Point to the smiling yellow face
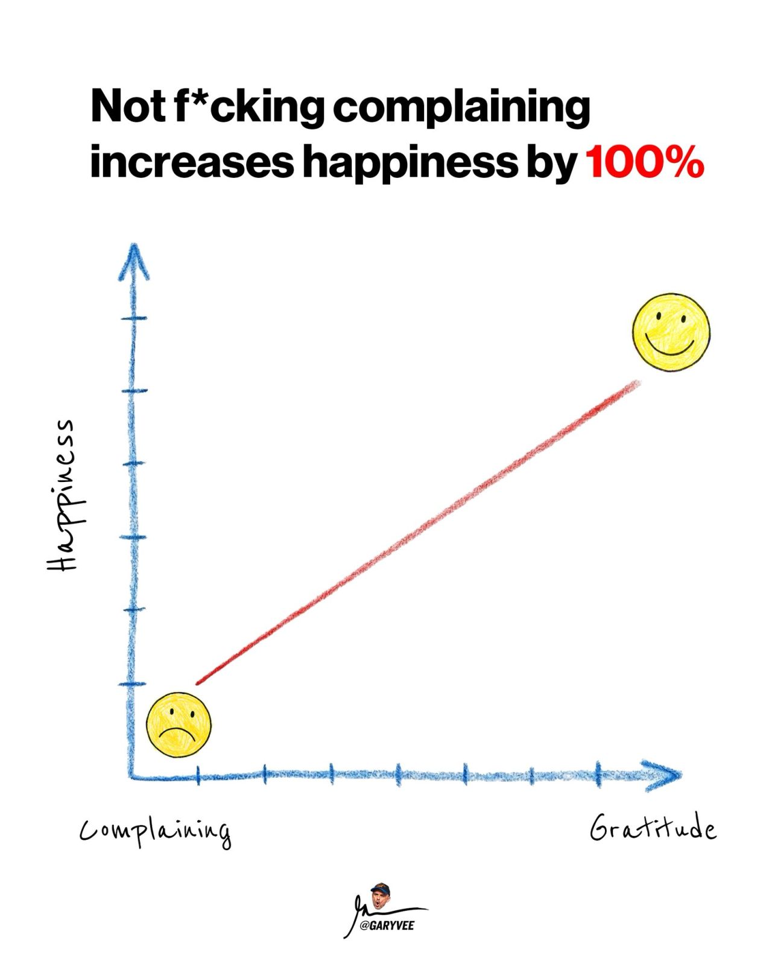click(671, 332)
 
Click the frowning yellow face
click(178, 725)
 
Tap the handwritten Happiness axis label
click(60, 495)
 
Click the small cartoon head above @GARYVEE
click(380, 896)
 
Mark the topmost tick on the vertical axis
click(133, 318)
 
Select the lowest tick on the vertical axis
click(132, 683)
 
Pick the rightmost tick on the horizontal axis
click(598, 773)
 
